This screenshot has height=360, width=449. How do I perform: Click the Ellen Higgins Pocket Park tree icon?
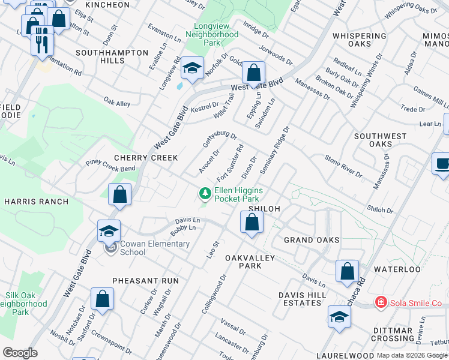(205, 193)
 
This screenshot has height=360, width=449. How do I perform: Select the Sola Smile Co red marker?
(379, 302)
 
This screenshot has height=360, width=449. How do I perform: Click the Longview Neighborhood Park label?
(212, 34)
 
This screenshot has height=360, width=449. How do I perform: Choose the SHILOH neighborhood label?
(264, 209)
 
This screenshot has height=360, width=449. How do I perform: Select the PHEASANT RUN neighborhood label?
(145, 280)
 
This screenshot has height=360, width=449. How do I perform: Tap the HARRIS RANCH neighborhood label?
(36, 202)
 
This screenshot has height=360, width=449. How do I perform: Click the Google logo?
(20, 353)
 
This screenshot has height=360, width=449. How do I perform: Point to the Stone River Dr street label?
(343, 167)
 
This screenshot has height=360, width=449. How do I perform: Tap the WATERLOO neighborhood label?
(397, 269)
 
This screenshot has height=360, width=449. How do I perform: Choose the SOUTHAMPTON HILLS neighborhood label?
(112, 57)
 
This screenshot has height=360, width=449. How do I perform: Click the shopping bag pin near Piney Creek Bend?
(119, 195)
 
